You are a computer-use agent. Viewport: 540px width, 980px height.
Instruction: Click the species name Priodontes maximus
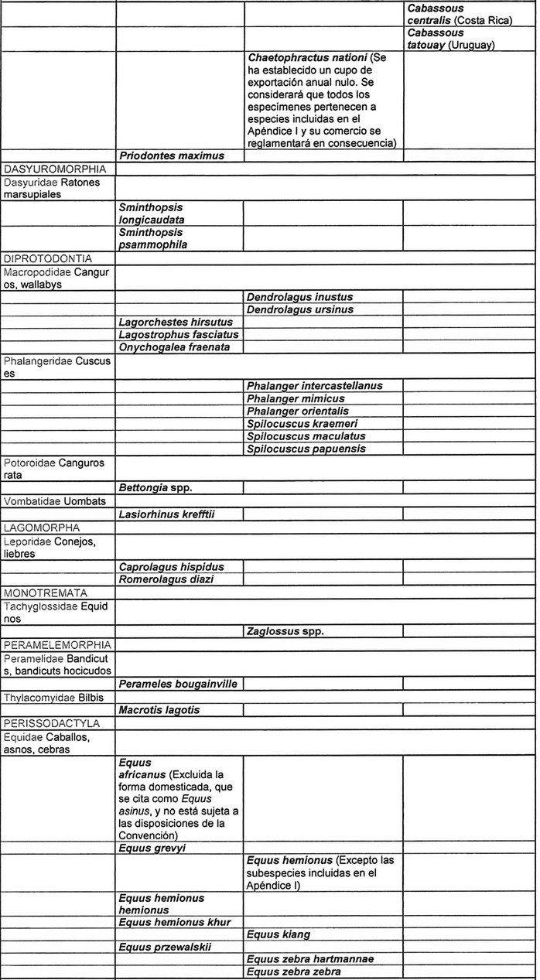[x=171, y=155]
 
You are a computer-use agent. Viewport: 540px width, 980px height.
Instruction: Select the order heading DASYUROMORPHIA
[x=55, y=168]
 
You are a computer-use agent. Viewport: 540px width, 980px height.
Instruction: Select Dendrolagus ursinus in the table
[x=300, y=309]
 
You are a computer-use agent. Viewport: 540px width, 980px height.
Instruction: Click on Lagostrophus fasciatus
[x=179, y=334]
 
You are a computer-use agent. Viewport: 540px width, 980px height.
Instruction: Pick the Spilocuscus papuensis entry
[x=306, y=449]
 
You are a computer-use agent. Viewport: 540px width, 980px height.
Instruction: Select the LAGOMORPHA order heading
[x=46, y=528]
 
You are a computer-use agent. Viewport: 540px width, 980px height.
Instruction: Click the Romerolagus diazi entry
[x=166, y=579]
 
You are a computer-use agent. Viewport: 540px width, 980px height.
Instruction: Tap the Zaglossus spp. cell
[x=285, y=631]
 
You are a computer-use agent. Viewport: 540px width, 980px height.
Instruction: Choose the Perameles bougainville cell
[x=178, y=684]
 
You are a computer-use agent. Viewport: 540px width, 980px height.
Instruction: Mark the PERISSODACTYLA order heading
[x=56, y=723]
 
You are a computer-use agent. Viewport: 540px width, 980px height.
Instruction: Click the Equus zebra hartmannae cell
[x=310, y=959]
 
